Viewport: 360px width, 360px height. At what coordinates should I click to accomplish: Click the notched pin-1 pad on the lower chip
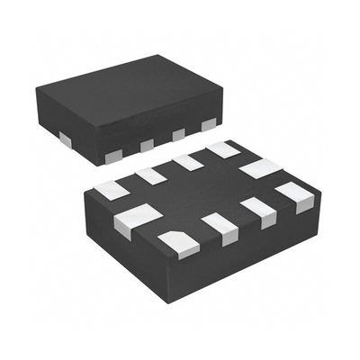point(178,243)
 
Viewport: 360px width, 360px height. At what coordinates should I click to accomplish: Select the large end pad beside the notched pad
point(138,218)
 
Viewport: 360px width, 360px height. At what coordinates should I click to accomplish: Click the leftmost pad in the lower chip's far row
point(112,190)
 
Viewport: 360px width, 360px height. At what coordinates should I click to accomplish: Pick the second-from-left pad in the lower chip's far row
point(151,175)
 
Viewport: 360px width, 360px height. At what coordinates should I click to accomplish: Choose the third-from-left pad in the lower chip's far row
point(188,162)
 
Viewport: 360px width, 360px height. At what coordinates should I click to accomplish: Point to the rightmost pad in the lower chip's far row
point(221,149)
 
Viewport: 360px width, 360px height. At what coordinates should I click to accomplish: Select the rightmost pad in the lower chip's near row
point(294,194)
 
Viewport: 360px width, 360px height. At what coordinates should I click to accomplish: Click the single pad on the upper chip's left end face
point(66,138)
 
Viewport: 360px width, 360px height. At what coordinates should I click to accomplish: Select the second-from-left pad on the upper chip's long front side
point(148,145)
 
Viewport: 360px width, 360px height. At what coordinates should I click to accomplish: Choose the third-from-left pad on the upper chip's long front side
point(178,134)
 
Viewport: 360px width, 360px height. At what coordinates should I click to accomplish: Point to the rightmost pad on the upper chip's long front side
point(209,124)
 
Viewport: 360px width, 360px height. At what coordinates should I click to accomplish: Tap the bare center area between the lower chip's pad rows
point(202,193)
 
